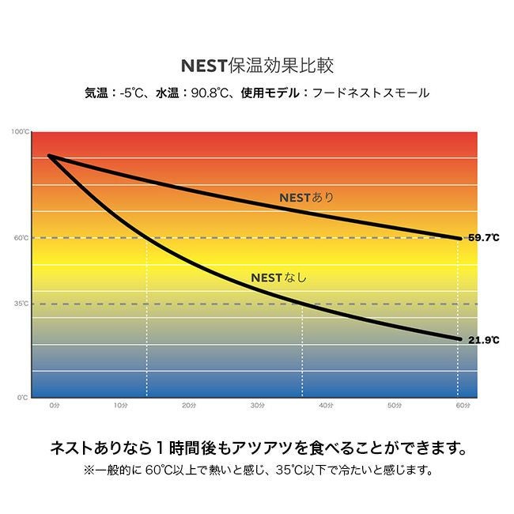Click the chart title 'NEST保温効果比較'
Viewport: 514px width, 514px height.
tap(257, 64)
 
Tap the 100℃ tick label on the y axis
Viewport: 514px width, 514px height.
tap(21, 132)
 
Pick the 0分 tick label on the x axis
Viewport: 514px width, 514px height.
tap(54, 405)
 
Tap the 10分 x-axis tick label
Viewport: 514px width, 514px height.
tap(121, 405)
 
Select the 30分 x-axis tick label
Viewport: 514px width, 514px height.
tap(258, 405)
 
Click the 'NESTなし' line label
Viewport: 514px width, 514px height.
tap(278, 278)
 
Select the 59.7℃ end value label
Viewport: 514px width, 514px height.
tap(483, 237)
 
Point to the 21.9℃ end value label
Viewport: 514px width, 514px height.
tap(483, 340)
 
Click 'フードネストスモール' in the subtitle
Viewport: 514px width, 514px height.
tap(370, 93)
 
